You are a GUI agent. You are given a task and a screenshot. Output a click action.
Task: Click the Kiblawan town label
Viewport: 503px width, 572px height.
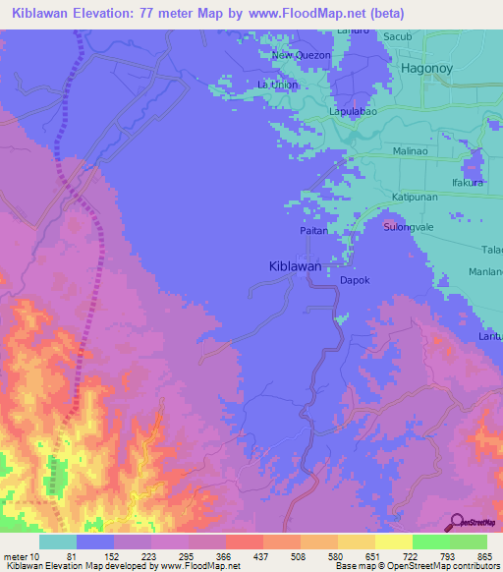pyautogui.click(x=296, y=266)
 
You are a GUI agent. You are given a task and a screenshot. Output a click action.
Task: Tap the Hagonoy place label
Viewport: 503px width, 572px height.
pyautogui.click(x=429, y=68)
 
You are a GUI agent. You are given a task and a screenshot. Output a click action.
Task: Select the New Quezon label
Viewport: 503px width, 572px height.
pyautogui.click(x=301, y=56)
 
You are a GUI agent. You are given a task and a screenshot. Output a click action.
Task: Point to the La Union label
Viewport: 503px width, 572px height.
pyautogui.click(x=277, y=86)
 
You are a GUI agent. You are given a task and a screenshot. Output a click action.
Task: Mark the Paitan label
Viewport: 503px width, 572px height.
pyautogui.click(x=313, y=230)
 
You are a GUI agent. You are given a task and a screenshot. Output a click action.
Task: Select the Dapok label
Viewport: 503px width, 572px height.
pyautogui.click(x=354, y=280)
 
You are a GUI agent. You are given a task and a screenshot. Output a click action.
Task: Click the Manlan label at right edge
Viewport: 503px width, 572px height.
pyautogui.click(x=485, y=270)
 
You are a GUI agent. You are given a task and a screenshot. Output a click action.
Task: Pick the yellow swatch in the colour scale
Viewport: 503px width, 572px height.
pyautogui.click(x=393, y=541)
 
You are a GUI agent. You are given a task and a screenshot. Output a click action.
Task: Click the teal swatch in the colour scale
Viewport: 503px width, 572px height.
pyautogui.click(x=57, y=541)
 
